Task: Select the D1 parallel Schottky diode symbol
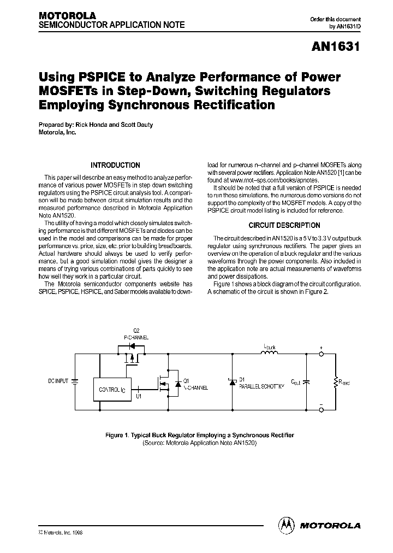(x=233, y=381)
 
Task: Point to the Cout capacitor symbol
(x=306, y=382)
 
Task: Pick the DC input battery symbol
(x=74, y=380)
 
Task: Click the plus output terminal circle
(x=321, y=354)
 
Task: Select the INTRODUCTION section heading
(x=115, y=165)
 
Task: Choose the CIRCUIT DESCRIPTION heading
(x=284, y=225)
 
